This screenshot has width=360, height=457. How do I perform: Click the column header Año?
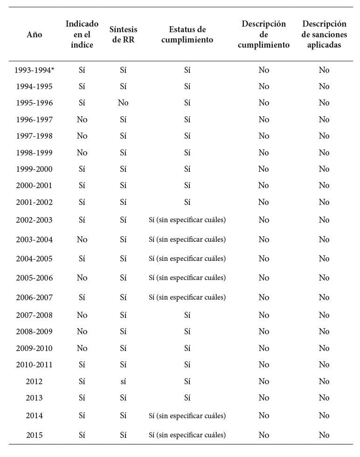click(x=34, y=35)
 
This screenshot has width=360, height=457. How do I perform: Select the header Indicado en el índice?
click(x=82, y=35)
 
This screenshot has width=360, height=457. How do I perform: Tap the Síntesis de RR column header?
click(x=123, y=35)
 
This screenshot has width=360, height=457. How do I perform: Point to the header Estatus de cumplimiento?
click(x=187, y=35)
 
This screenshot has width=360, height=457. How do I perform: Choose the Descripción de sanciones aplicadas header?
click(x=324, y=35)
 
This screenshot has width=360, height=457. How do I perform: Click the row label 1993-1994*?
click(x=34, y=70)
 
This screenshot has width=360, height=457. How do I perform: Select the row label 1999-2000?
click(x=34, y=169)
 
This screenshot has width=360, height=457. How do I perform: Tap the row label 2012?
click(x=34, y=381)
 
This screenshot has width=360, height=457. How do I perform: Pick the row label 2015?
click(x=34, y=435)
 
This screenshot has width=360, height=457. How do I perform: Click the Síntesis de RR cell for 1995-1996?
click(x=123, y=103)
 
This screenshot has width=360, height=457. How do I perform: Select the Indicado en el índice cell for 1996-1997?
click(x=82, y=120)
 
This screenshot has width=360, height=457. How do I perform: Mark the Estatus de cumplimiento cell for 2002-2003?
click(x=187, y=220)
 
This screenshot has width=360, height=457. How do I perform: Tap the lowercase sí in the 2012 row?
click(x=123, y=381)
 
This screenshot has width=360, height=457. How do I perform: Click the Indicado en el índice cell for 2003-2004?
click(x=82, y=239)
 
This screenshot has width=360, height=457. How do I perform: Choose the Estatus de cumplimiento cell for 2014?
click(x=187, y=415)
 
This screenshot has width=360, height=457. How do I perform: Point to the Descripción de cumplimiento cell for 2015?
click(x=264, y=435)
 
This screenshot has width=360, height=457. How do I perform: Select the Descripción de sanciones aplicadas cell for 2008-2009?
click(x=324, y=331)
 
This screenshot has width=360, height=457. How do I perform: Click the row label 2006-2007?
click(x=34, y=297)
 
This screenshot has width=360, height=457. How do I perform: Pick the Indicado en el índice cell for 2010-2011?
click(x=82, y=365)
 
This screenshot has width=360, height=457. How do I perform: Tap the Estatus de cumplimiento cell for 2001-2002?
click(x=187, y=202)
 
